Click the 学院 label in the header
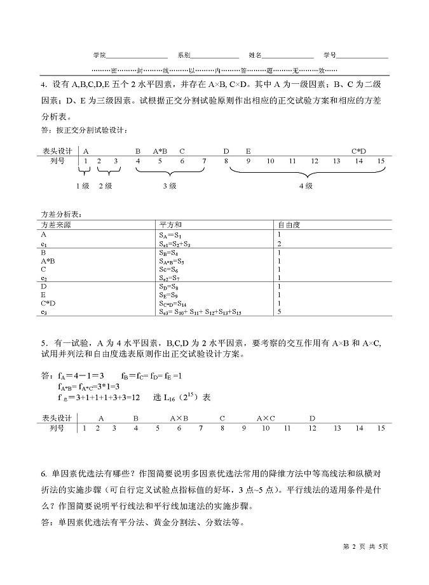pos(99,55)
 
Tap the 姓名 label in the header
pos(255,55)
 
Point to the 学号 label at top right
pos(329,55)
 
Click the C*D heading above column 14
pos(359,151)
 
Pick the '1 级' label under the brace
pos(82,185)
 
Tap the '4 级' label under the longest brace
pos(306,185)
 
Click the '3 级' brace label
pos(170,185)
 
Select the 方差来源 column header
pos(56,225)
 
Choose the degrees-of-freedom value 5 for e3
pos(279,312)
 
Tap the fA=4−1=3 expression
pos(81,374)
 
